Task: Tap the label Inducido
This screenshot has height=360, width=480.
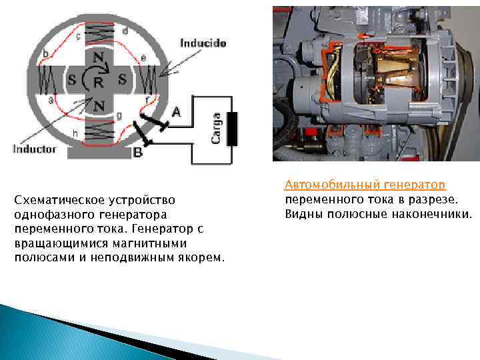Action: (203, 43)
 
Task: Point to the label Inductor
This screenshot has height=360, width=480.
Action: (35, 149)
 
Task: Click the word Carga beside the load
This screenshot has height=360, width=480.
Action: (216, 127)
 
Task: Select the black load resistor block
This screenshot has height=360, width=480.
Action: (233, 129)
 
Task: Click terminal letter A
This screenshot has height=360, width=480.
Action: (176, 113)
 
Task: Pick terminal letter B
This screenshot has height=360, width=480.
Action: (138, 153)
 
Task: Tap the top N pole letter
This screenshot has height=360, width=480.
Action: (98, 58)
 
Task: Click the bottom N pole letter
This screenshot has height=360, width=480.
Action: (99, 105)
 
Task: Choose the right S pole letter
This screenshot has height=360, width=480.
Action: (122, 79)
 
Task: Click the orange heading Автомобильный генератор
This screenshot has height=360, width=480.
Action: (365, 184)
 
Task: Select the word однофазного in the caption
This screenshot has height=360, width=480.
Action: (54, 215)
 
